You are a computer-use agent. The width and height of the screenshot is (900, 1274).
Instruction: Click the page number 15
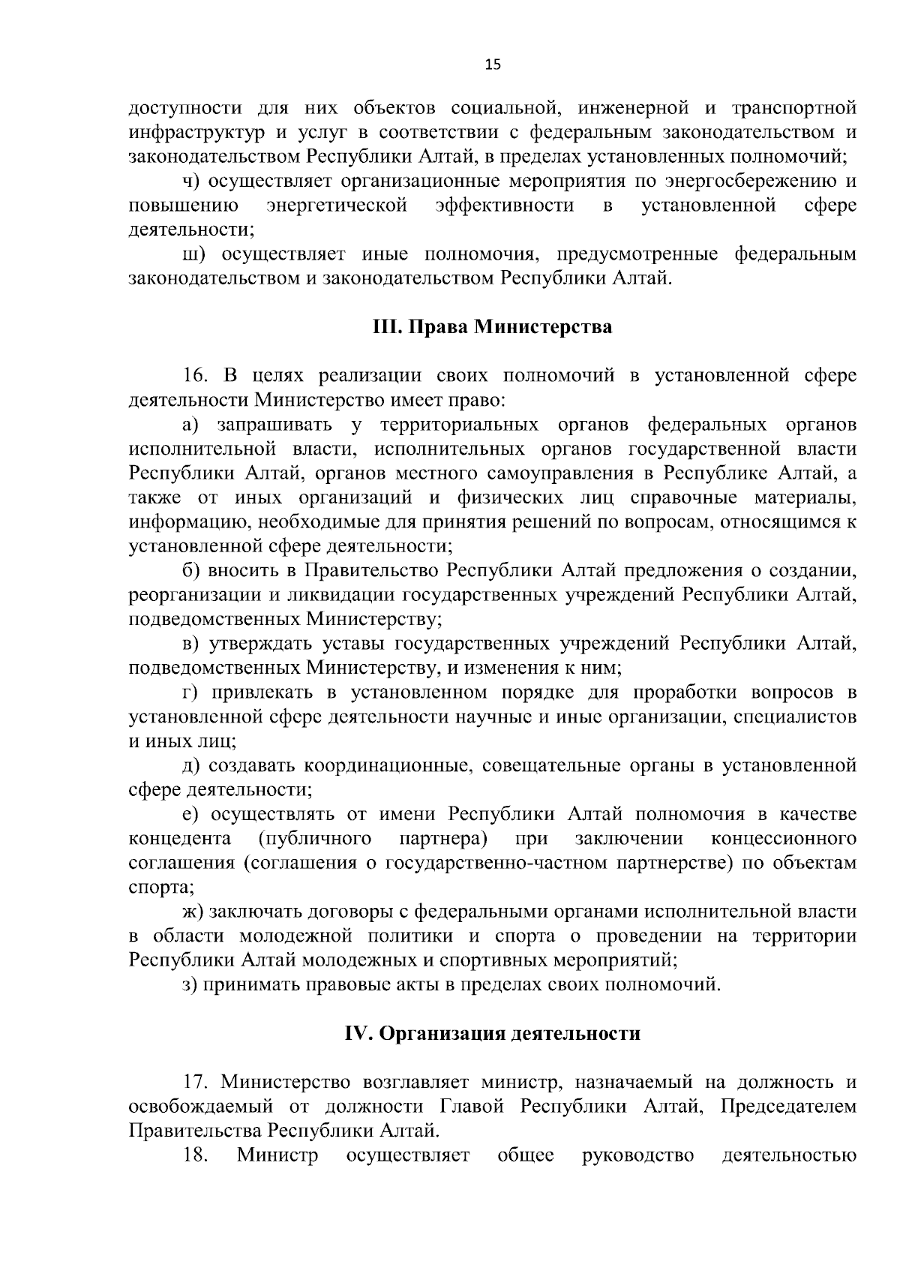492,65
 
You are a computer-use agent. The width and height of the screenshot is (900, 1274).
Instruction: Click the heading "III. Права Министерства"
492,327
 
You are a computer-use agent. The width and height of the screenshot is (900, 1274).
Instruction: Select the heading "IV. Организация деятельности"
492,1033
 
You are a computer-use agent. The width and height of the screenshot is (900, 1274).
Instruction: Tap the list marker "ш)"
193,255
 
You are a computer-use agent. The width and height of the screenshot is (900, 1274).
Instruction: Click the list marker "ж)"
193,911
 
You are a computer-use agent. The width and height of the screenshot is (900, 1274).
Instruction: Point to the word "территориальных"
459,425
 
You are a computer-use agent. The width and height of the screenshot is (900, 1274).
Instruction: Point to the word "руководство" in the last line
638,1155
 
